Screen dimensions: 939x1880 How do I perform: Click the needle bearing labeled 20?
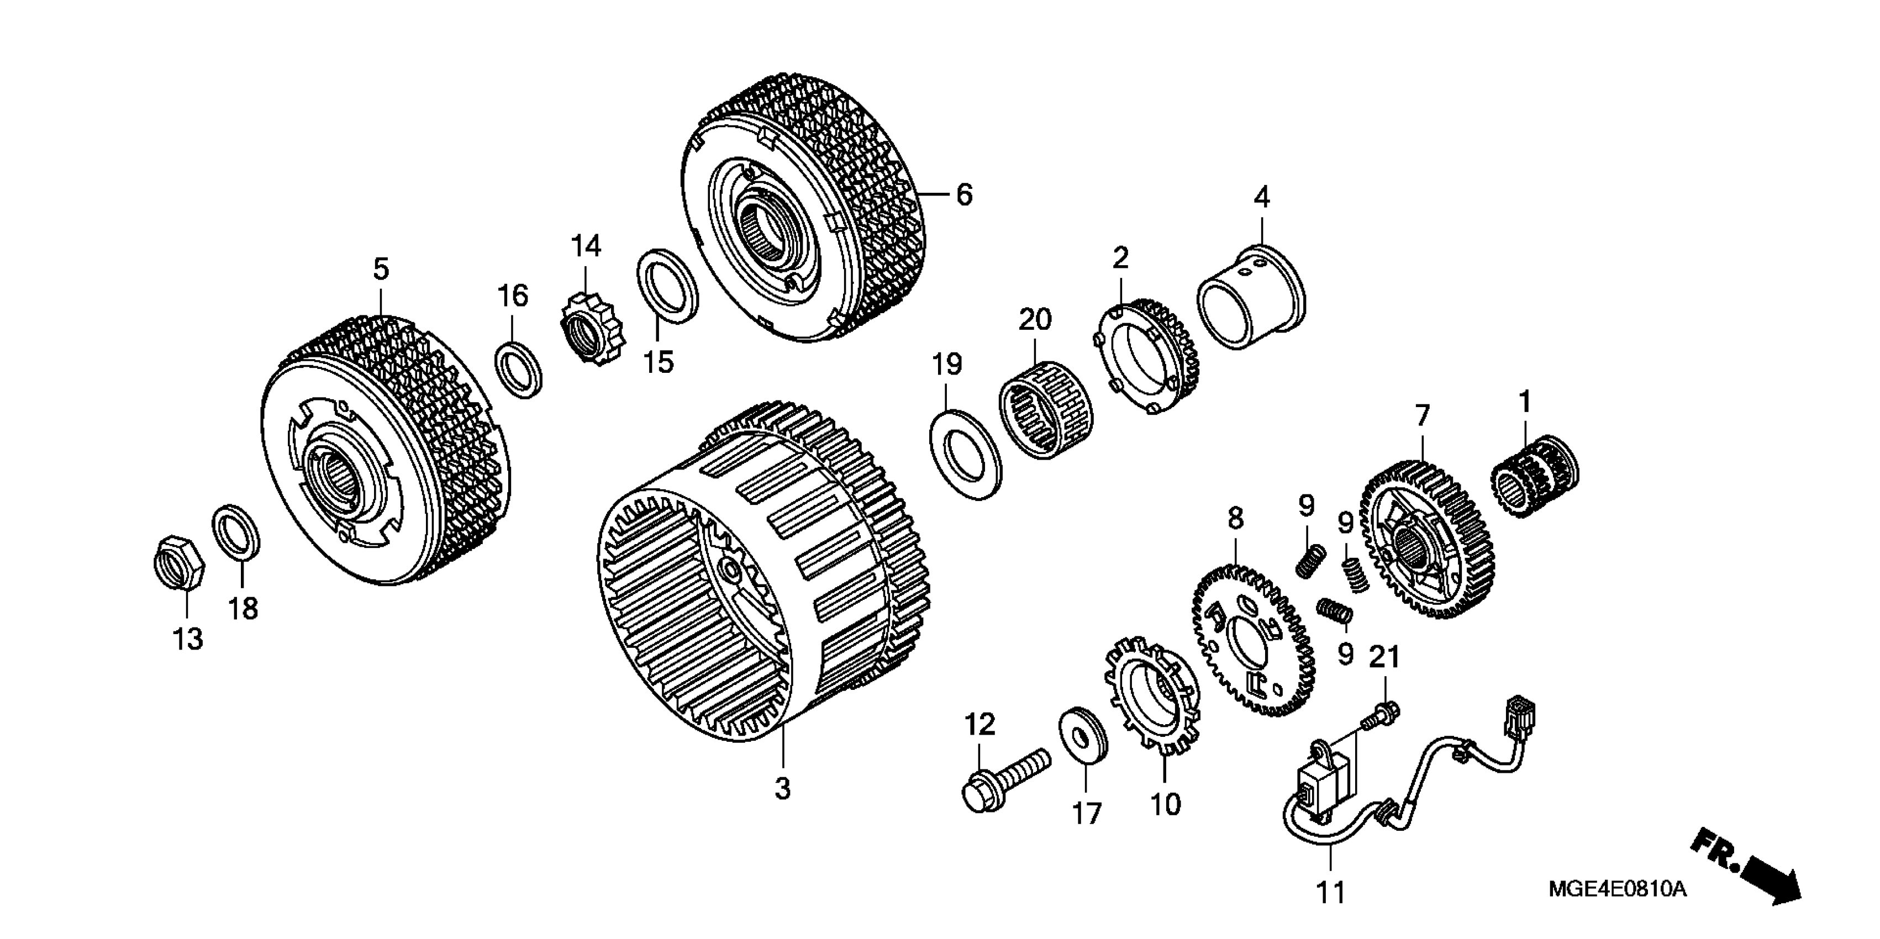pos(1037,410)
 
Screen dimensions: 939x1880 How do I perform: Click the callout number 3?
pos(782,788)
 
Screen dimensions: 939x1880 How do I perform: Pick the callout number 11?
pos(1330,892)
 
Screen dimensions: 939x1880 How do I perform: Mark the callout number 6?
pos(964,195)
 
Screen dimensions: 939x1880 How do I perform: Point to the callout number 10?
pos(1165,805)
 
